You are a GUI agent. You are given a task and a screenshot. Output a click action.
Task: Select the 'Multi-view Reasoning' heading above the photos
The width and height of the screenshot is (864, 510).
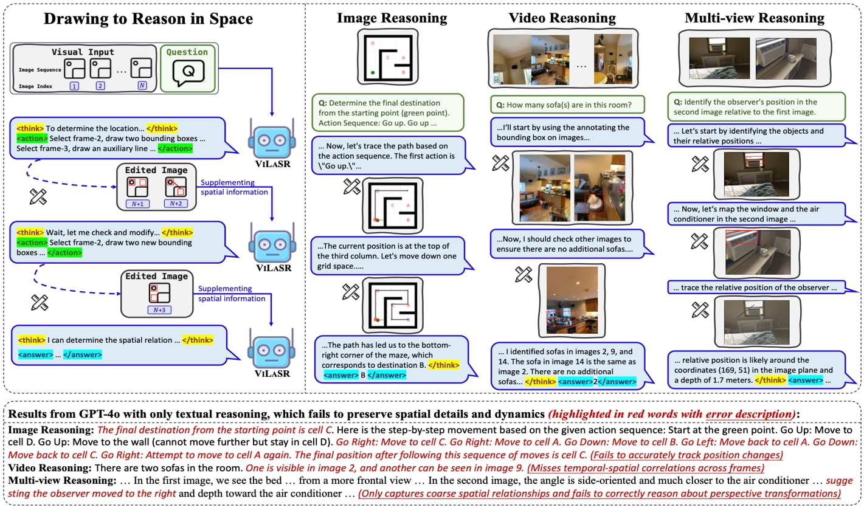point(755,18)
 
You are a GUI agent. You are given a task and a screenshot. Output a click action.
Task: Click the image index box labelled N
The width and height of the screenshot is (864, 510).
point(142,86)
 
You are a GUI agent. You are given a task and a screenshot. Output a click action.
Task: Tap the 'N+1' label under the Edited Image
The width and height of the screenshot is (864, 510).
point(137,203)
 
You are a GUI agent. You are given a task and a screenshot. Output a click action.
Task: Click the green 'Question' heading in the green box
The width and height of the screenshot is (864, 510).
point(187,52)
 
